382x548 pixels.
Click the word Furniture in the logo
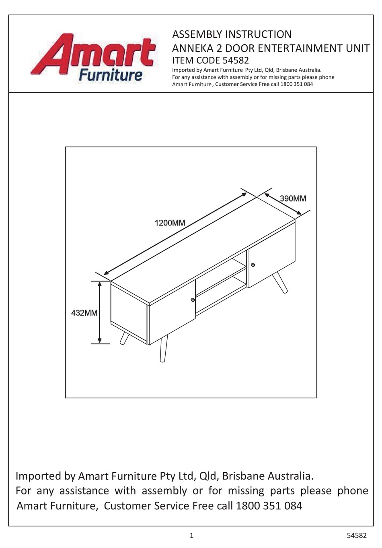click(111, 75)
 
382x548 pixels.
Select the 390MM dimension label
click(293, 199)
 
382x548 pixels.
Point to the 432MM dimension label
click(84, 313)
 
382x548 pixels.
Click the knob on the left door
click(193, 300)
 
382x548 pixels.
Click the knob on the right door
click(253, 265)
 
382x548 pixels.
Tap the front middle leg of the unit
click(163, 348)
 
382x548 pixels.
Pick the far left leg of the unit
click(124, 339)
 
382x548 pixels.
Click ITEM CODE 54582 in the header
click(210, 61)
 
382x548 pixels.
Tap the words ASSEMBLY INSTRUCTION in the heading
click(232, 34)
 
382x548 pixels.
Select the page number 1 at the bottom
click(191, 536)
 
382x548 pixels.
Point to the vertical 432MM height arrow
click(100, 312)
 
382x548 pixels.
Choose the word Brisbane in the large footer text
click(243, 476)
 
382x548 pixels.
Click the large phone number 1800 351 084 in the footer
click(269, 506)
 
